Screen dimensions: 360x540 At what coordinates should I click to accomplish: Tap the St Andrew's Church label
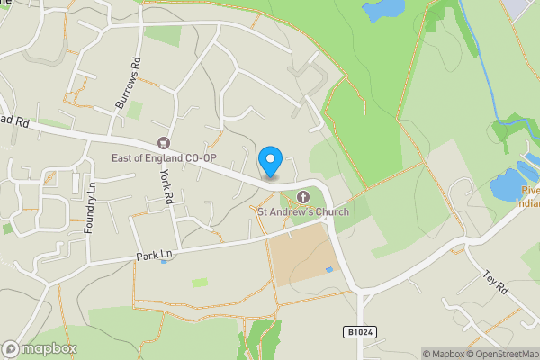[x=303, y=212]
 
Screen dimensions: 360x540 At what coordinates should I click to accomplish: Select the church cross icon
[x=303, y=197]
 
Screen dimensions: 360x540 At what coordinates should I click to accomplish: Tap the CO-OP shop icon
[x=163, y=142]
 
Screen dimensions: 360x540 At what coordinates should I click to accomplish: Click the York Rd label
[x=166, y=187]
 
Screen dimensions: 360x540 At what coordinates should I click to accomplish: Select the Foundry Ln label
[x=90, y=207]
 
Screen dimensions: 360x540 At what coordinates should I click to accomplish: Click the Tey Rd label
[x=496, y=281]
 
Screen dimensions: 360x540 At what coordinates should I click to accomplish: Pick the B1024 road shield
[x=358, y=332]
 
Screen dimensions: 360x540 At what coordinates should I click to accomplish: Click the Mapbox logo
[x=40, y=349]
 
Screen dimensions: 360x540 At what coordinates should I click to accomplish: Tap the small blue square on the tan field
[x=328, y=269]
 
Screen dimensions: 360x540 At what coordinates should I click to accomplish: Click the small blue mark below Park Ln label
[x=163, y=262]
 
